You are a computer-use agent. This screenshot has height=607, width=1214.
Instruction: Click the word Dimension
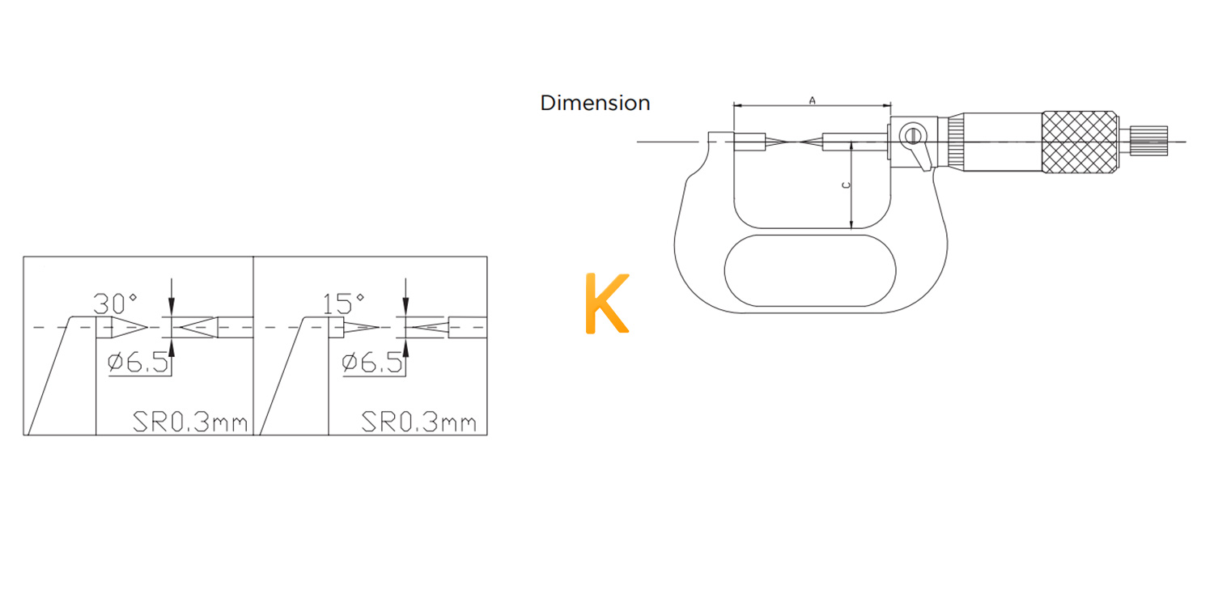click(x=595, y=103)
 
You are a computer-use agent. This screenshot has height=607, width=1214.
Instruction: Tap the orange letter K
click(x=608, y=303)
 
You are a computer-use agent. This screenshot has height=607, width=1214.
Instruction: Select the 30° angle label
click(x=115, y=303)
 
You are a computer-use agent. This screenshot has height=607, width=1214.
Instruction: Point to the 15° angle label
click(x=343, y=303)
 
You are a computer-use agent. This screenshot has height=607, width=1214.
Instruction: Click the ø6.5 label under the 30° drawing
click(x=138, y=362)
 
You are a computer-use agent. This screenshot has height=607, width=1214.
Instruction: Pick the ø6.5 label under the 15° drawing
click(x=372, y=362)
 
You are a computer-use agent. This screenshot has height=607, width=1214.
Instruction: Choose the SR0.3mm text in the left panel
click(x=190, y=422)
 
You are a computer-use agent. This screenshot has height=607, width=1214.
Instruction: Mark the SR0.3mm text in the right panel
click(x=419, y=422)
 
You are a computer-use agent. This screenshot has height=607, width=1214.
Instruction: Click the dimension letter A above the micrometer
click(x=812, y=100)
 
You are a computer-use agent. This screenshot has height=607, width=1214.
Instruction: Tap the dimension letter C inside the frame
click(x=846, y=185)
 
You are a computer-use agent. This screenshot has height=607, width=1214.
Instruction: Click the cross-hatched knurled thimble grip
click(x=1079, y=142)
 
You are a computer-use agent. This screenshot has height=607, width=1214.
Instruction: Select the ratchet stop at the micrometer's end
click(x=1148, y=141)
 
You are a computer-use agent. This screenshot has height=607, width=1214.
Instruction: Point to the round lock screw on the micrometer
click(x=912, y=135)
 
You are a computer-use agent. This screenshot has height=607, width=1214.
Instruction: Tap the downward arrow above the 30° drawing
click(x=172, y=296)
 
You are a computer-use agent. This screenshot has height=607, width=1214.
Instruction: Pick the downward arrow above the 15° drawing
click(x=405, y=296)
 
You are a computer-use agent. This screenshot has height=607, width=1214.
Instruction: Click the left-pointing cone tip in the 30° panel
click(x=181, y=327)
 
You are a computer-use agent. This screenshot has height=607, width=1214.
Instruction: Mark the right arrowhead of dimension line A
click(x=887, y=105)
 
